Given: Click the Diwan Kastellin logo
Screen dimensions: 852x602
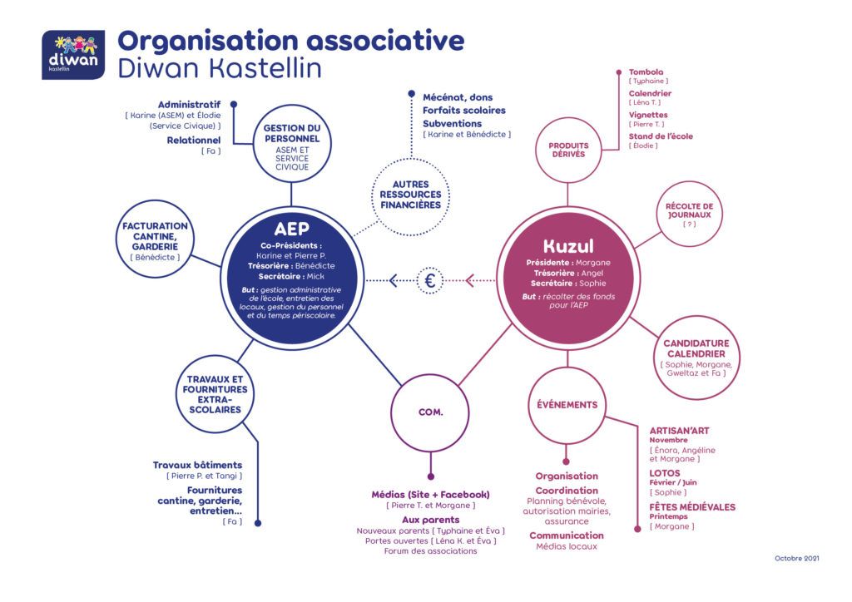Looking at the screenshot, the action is click(x=73, y=55).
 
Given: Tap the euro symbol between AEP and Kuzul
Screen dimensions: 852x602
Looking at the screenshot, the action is click(x=430, y=281).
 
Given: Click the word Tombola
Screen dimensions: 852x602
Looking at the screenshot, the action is click(x=646, y=72).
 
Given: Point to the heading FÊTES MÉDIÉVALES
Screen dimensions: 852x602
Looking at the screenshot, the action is click(x=692, y=507).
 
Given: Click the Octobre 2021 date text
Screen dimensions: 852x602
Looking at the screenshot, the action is click(x=796, y=558).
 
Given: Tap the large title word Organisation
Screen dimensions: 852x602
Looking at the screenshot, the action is click(x=208, y=42).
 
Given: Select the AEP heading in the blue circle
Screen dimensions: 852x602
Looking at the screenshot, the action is click(x=292, y=229).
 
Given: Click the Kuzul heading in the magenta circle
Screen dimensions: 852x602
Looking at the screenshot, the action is click(x=568, y=246).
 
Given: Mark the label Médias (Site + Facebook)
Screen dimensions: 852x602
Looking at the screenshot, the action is click(x=430, y=495).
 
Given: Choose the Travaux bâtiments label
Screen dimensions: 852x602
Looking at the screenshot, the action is click(x=197, y=465).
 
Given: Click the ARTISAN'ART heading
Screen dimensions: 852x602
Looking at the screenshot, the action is click(x=679, y=431).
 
